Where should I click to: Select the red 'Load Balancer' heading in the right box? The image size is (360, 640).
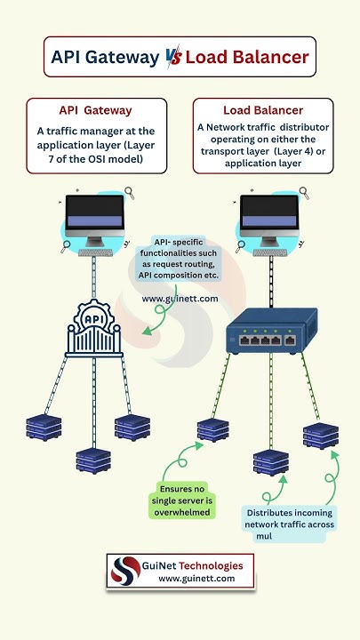point(262,110)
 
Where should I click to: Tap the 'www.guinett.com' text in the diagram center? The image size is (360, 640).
point(180,299)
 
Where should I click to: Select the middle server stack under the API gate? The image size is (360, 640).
point(93,460)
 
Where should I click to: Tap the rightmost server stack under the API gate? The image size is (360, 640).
point(132,427)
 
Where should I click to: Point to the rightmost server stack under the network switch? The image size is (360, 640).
point(320,435)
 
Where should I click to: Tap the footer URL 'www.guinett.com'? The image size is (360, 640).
point(196,579)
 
